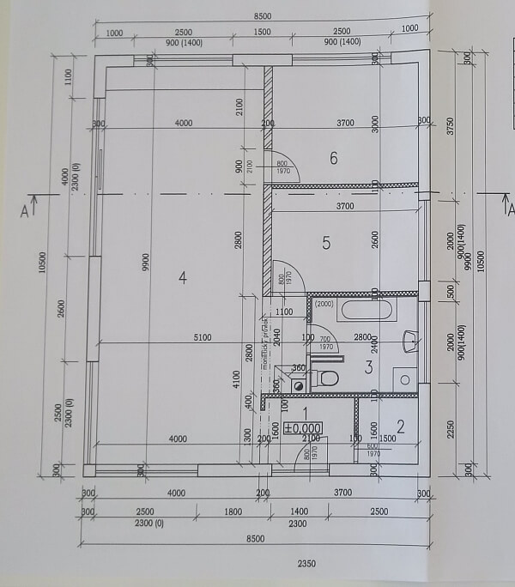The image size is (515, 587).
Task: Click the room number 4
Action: coord(182,276)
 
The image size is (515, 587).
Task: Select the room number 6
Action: coord(334,158)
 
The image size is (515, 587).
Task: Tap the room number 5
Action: coord(326,243)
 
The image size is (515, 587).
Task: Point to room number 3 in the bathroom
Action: coord(368,368)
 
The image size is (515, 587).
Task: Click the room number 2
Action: coord(400,425)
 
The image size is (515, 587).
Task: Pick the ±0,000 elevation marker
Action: coord(303,428)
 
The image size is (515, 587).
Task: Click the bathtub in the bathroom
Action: coord(366,309)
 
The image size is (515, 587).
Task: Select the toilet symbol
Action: coord(325,378)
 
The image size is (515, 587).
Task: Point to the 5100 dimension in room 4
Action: coord(202,337)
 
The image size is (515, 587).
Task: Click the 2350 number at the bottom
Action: coord(307,564)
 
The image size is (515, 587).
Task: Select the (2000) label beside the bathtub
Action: coord(324,303)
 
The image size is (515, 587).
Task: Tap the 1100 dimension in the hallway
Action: coord(284,312)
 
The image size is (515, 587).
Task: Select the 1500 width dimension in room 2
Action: coord(387,439)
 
